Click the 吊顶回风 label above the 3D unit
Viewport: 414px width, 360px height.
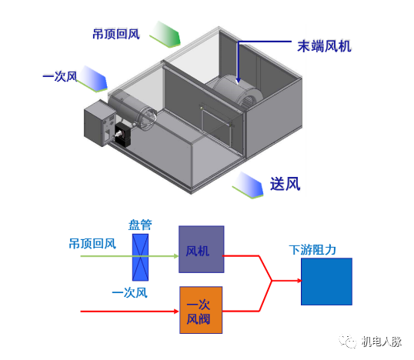(x=116, y=35)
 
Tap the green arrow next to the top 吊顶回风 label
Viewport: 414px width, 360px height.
(x=165, y=35)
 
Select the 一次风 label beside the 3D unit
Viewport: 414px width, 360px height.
(x=60, y=76)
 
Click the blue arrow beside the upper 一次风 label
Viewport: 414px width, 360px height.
(x=95, y=76)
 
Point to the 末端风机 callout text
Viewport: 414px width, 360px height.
(x=324, y=45)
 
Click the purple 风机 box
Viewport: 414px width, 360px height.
(x=201, y=250)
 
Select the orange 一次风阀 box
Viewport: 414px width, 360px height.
(x=201, y=310)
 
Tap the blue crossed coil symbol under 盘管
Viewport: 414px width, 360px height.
(x=140, y=256)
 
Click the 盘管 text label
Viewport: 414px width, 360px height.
(x=140, y=225)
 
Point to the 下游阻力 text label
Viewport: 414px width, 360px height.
(x=312, y=250)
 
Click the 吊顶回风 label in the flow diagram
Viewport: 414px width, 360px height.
(x=92, y=244)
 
